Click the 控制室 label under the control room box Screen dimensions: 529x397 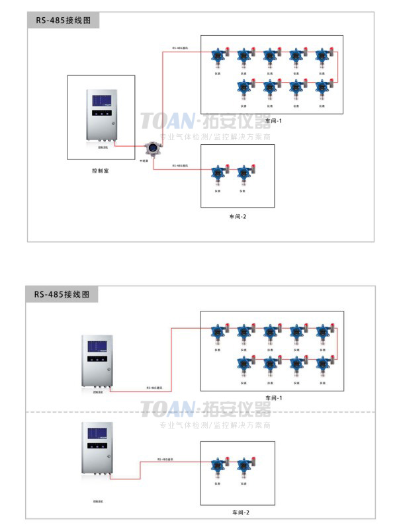101,171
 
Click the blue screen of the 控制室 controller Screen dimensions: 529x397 102,101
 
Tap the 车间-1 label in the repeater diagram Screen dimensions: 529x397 273,121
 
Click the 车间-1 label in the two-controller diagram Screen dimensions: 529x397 273,397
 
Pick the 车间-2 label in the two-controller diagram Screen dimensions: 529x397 240,512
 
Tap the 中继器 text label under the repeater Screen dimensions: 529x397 143,161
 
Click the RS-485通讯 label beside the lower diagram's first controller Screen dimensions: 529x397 154,387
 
